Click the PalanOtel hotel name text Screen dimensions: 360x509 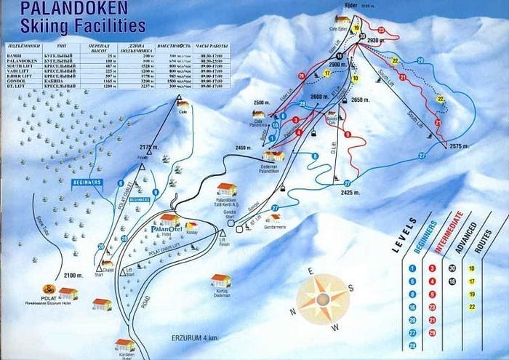165,231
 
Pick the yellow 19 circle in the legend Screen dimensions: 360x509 472,295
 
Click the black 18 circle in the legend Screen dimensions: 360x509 454,281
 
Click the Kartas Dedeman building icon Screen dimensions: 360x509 221,281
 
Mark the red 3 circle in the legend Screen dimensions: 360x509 433,268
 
